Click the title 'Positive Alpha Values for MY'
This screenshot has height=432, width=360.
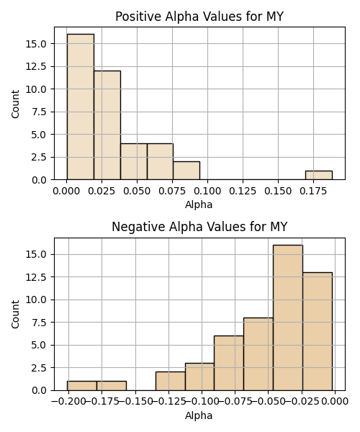point(199,17)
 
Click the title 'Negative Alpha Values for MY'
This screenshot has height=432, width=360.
point(199,227)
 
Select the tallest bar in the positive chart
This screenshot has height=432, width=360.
point(81,107)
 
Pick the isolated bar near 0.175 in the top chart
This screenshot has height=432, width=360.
point(319,175)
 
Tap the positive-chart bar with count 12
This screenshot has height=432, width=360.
point(107,125)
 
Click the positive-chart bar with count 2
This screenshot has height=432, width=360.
point(186,171)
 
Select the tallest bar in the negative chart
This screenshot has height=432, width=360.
point(288,318)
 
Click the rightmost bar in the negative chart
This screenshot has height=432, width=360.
point(318,331)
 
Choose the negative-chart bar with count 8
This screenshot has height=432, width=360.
point(258,354)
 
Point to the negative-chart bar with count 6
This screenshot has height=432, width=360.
point(229,363)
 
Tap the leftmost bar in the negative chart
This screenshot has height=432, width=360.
point(82,386)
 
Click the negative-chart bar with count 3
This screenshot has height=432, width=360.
point(199,377)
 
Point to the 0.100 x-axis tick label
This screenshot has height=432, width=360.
point(207,191)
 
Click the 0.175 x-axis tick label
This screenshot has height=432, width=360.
point(313,191)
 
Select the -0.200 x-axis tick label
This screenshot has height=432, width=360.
point(68,402)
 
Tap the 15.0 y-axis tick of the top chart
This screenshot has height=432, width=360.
point(36,44)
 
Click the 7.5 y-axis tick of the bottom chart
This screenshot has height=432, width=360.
point(39,323)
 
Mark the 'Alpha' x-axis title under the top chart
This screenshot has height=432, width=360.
point(199,204)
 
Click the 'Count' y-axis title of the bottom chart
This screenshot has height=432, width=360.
point(15,315)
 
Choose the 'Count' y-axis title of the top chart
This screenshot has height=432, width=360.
point(15,104)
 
